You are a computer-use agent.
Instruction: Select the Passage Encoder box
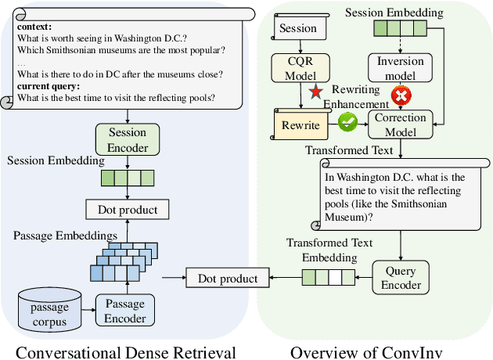pyautogui.click(x=125, y=311)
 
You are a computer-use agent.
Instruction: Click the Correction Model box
pyautogui.click(x=401, y=124)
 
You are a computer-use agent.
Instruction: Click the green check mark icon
pyautogui.click(x=348, y=121)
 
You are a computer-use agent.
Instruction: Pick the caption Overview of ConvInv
pyautogui.click(x=366, y=351)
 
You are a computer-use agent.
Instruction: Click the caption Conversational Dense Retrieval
pyautogui.click(x=126, y=351)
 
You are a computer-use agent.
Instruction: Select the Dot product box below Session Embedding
pyautogui.click(x=128, y=209)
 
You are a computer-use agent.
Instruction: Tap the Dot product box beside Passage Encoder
pyautogui.click(x=227, y=278)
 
